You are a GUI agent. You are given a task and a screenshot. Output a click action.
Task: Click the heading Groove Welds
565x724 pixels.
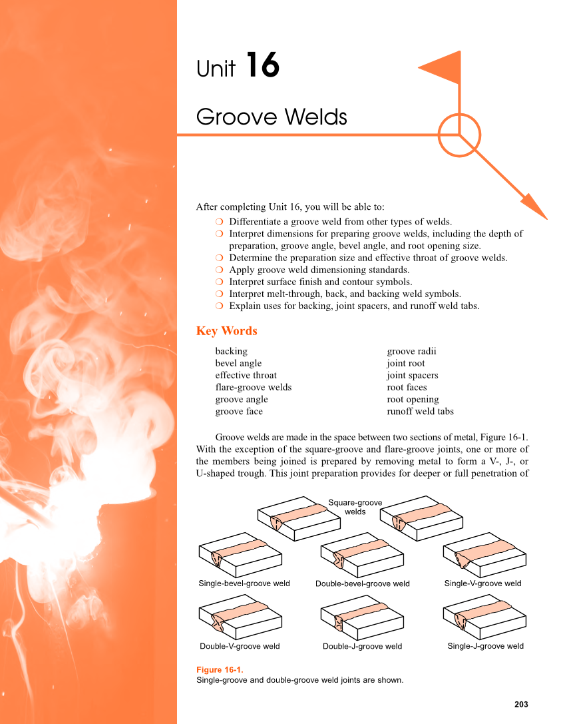click(272, 117)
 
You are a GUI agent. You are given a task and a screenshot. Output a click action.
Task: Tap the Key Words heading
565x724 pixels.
click(226, 331)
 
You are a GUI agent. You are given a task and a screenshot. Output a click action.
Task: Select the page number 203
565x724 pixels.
click(521, 704)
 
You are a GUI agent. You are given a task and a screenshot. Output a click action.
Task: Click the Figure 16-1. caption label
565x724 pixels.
click(220, 669)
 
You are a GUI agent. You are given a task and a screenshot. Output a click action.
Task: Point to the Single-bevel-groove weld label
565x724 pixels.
click(244, 583)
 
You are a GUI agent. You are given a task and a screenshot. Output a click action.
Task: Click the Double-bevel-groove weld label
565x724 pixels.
click(363, 584)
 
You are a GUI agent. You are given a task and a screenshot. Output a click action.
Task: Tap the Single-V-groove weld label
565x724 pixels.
click(482, 583)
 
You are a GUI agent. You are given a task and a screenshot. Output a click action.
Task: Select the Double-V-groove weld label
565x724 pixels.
click(240, 646)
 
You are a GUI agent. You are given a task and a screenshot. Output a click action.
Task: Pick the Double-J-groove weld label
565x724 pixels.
click(362, 646)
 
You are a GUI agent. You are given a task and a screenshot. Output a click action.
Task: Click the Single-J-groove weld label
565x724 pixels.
click(485, 645)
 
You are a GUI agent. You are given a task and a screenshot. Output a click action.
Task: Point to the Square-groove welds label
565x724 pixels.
click(355, 507)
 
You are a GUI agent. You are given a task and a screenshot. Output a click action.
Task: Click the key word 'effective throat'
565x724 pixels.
click(246, 375)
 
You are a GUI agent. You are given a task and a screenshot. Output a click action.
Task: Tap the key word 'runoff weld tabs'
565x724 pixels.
click(420, 411)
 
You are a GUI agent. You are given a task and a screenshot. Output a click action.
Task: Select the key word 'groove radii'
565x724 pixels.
click(411, 351)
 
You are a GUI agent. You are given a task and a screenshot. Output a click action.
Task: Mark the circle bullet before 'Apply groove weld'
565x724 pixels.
click(219, 270)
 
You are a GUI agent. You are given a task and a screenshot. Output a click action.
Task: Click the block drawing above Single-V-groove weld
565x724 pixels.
click(484, 554)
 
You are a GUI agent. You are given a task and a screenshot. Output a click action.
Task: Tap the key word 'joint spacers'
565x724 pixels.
click(412, 375)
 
